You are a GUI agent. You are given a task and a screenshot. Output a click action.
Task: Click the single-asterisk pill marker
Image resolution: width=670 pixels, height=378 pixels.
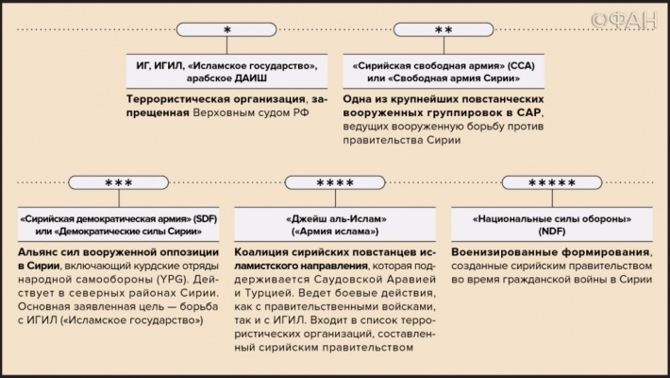click(x=226, y=29)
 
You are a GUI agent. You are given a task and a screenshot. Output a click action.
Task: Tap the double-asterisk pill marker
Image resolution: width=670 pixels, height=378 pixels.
click(x=444, y=29)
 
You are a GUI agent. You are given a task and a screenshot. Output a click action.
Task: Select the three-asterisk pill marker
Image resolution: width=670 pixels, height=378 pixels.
click(x=118, y=182)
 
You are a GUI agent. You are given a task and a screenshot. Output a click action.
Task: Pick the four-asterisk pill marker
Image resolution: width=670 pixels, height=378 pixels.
click(x=335, y=182)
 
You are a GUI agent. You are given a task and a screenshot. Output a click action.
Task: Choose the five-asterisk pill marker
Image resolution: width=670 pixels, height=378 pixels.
click(x=552, y=182)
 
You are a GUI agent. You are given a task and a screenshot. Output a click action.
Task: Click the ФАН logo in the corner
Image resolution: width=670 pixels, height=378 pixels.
click(x=625, y=20)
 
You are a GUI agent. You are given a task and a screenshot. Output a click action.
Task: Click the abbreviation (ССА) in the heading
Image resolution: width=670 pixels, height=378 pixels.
click(x=521, y=66)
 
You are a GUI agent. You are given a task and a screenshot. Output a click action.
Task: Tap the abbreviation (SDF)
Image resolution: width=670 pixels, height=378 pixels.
click(x=205, y=219)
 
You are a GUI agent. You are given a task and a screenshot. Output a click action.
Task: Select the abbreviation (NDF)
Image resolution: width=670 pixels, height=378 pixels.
click(x=552, y=232)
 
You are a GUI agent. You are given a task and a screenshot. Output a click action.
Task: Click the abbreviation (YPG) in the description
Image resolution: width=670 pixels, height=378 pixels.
click(x=172, y=280)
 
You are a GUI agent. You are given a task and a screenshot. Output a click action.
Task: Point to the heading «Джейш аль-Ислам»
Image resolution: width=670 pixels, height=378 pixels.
click(x=336, y=219)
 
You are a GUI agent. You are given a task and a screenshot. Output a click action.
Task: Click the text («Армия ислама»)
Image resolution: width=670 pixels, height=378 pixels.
click(x=335, y=232)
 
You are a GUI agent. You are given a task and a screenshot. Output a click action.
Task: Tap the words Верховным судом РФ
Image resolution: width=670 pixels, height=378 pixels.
click(x=251, y=113)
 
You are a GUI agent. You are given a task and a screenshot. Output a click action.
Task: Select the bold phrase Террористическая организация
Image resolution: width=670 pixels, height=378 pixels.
click(x=216, y=99)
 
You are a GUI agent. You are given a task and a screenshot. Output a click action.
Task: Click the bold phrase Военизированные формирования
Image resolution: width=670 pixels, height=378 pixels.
click(x=551, y=252)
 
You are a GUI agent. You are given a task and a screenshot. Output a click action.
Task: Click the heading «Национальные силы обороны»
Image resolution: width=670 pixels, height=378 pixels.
click(x=552, y=219)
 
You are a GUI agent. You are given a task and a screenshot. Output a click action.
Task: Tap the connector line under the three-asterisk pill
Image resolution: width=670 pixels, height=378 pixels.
click(x=119, y=198)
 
